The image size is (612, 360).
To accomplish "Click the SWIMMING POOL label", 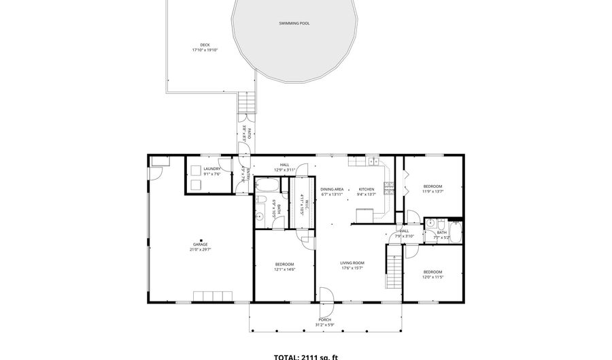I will pyautogui.click(x=294, y=23).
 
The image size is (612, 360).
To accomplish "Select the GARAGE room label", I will pyautogui.click(x=200, y=244).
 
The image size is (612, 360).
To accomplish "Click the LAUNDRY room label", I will pyautogui.click(x=211, y=169).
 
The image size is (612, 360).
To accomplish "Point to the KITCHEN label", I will pyautogui.click(x=367, y=189).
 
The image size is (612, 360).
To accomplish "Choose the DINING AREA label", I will pyautogui.click(x=332, y=189).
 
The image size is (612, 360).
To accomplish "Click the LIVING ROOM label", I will pyautogui.click(x=353, y=263).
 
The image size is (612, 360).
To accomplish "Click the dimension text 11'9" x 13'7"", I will pyautogui.click(x=432, y=192).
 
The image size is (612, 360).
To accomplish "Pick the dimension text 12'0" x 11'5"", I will pyautogui.click(x=432, y=277).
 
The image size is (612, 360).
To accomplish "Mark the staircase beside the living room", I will pyautogui.click(x=394, y=268).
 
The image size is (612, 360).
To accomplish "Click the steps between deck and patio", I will pyautogui.click(x=248, y=103).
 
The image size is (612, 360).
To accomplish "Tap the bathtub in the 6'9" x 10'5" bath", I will pyautogui.click(x=267, y=185).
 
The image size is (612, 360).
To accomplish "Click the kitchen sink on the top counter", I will pyautogui.click(x=373, y=162).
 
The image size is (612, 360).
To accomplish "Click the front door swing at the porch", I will pyautogui.click(x=326, y=294).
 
